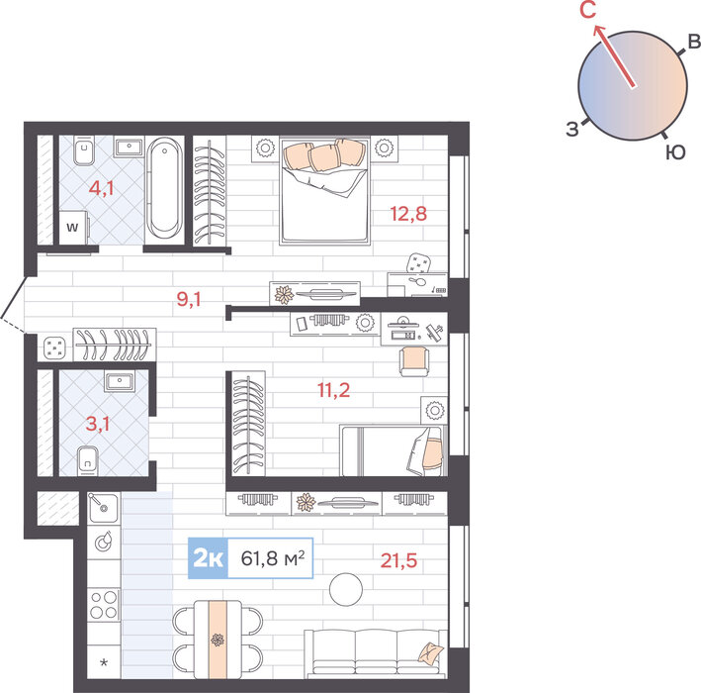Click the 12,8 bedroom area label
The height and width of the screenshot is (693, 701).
(x=408, y=214)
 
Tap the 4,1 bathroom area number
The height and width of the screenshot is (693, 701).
(x=101, y=188)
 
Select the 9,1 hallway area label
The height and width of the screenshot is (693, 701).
(x=189, y=299)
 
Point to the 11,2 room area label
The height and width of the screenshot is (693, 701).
(x=333, y=390)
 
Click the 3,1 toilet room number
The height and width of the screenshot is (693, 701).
(x=98, y=424)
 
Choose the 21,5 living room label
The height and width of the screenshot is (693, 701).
(x=398, y=560)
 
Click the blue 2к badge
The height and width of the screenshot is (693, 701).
(x=208, y=558)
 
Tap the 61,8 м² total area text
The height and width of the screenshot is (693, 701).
(x=273, y=558)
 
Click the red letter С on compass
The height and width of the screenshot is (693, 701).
(x=588, y=10)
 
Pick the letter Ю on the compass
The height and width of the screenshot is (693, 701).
(x=675, y=152)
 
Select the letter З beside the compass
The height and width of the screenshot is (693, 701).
(x=572, y=129)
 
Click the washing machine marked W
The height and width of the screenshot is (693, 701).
(x=74, y=228)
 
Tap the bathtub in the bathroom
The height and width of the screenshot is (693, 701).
(x=164, y=187)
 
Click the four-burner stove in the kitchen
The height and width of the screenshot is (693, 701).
(x=103, y=604)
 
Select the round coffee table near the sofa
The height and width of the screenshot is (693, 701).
(x=346, y=589)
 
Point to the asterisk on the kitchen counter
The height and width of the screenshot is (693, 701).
(x=104, y=662)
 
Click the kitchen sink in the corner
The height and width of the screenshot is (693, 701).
(x=103, y=508)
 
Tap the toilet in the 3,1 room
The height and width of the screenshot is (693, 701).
(x=88, y=460)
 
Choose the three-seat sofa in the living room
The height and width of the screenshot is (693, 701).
(x=376, y=654)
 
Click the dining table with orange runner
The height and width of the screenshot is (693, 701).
(x=218, y=640)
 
